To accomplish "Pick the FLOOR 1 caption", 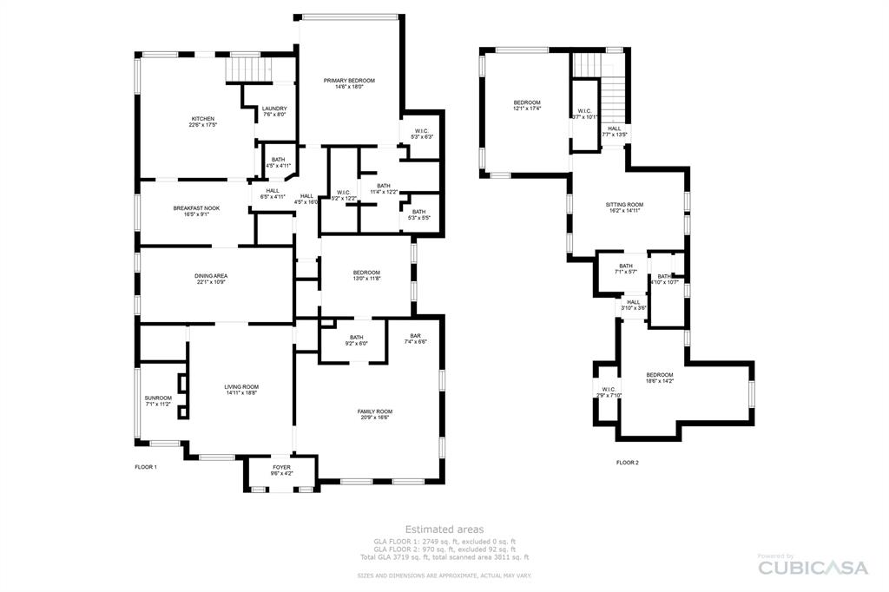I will point(146,467).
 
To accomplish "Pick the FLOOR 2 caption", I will point(627,463).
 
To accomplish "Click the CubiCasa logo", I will point(813,567).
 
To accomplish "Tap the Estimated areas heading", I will point(444,529).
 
